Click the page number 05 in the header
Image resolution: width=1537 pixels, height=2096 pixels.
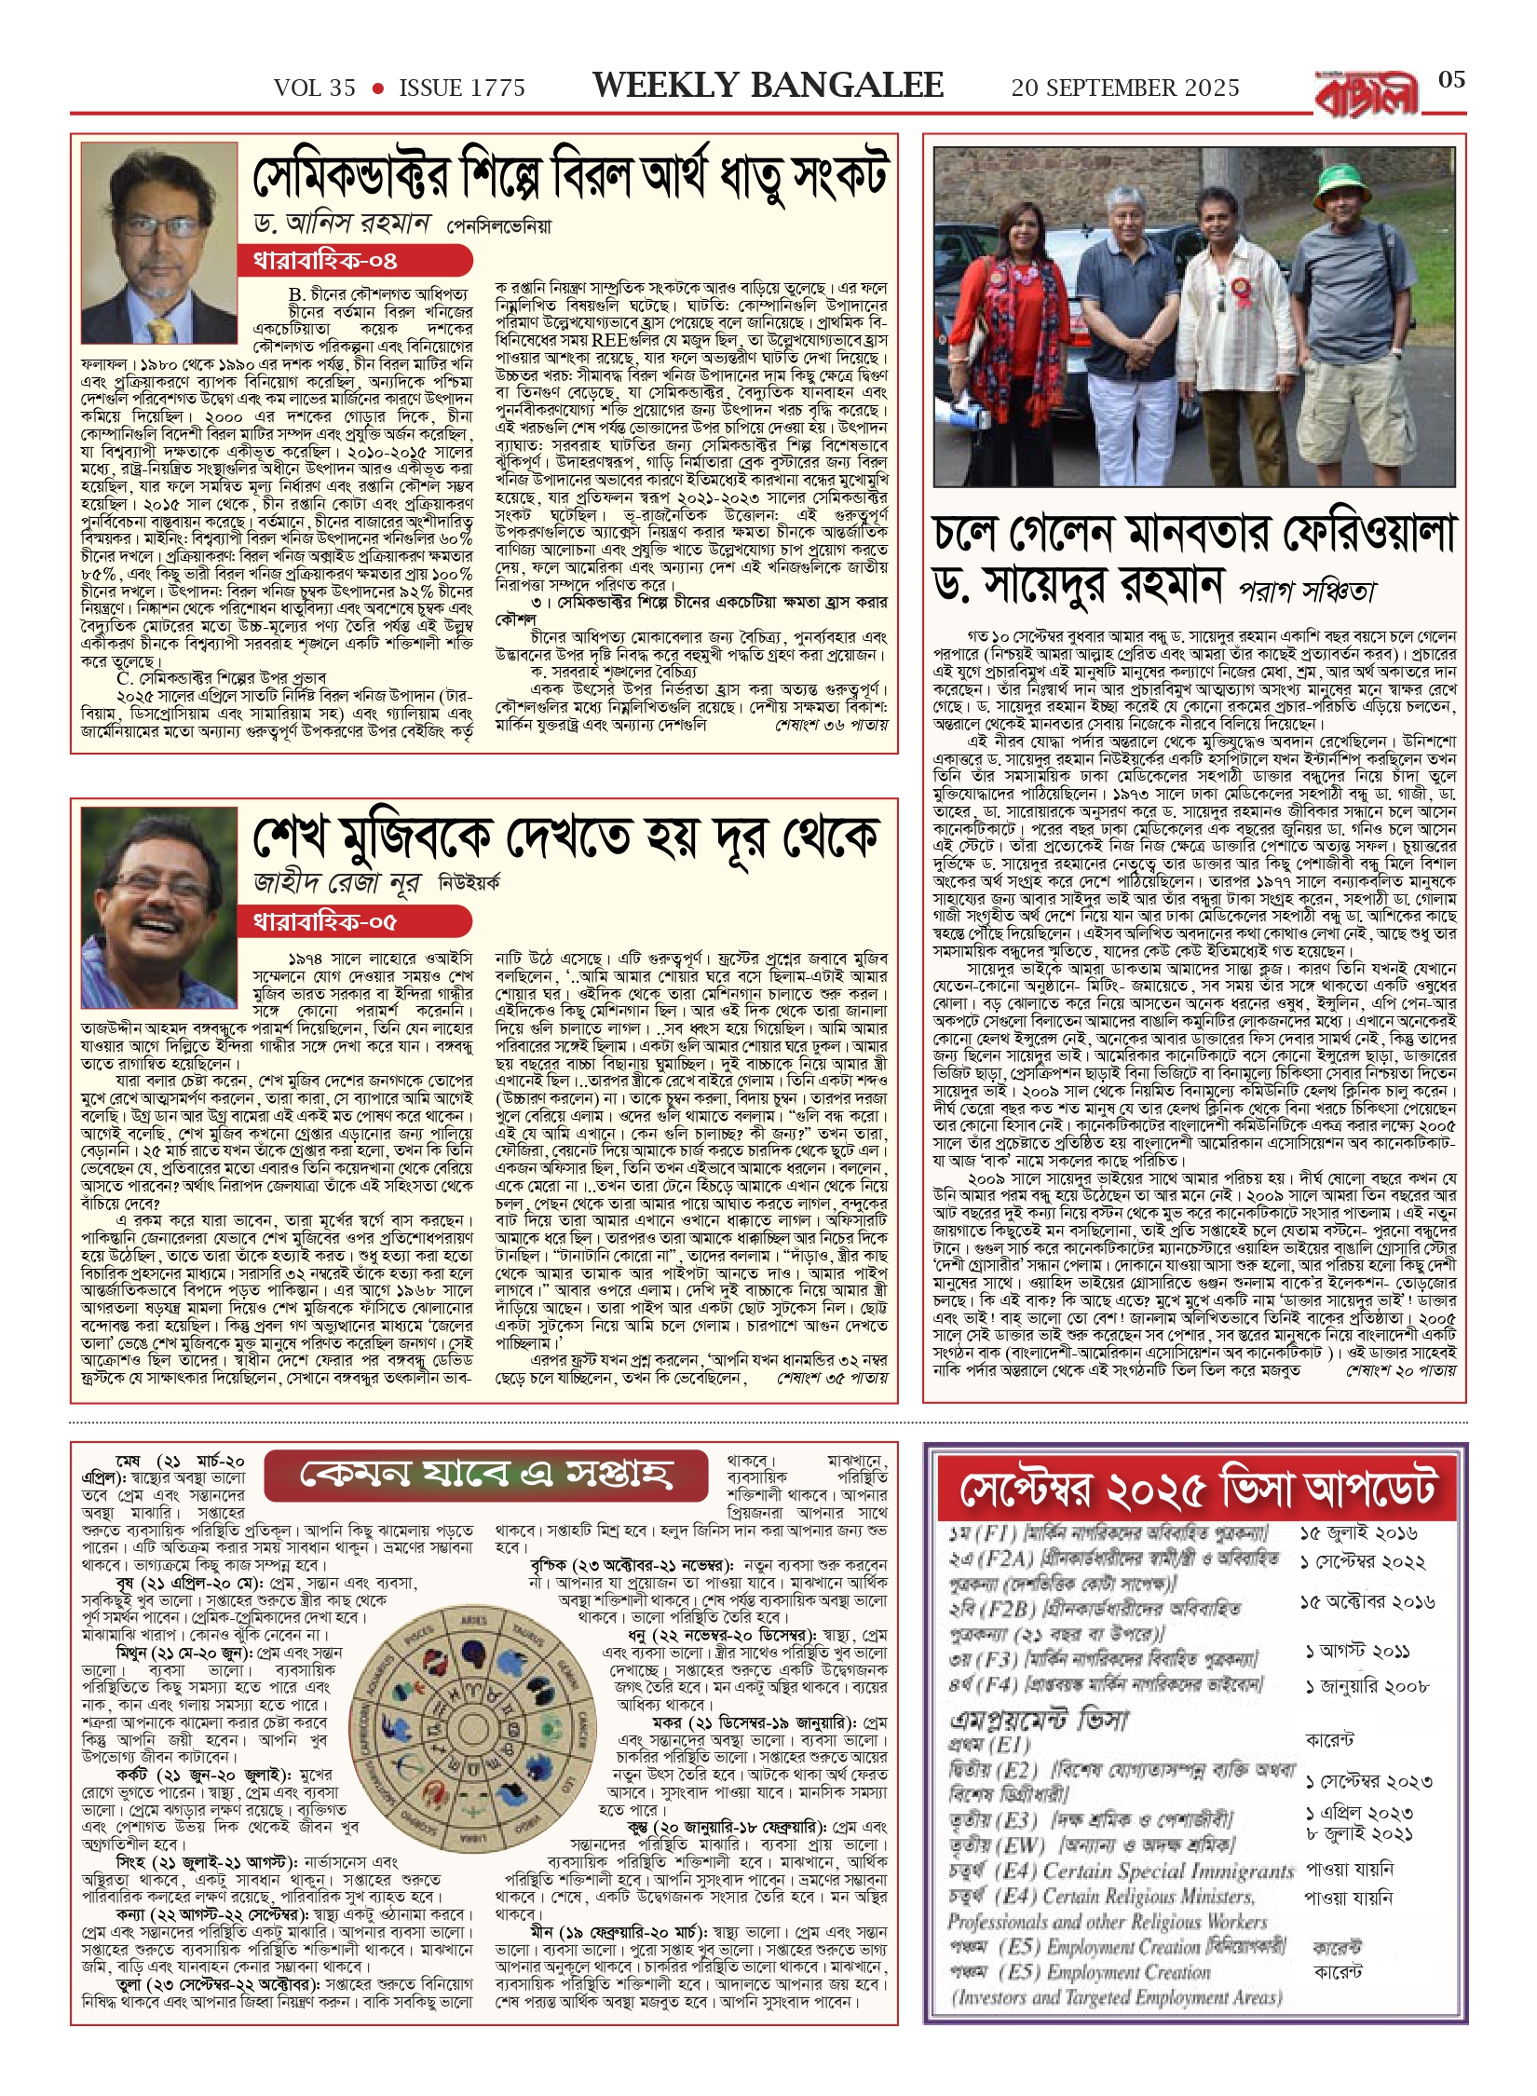pyautogui.click(x=1451, y=79)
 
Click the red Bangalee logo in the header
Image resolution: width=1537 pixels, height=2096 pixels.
pyautogui.click(x=1367, y=93)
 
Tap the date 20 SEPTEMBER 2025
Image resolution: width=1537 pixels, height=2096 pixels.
pyautogui.click(x=1124, y=88)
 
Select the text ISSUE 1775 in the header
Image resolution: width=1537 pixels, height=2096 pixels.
pyautogui.click(x=462, y=88)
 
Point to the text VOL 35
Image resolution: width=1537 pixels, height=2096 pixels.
pyautogui.click(x=314, y=88)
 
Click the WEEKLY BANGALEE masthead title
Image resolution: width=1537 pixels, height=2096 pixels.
pyautogui.click(x=768, y=86)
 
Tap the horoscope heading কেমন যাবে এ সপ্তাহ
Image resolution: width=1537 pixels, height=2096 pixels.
pyautogui.click(x=485, y=1475)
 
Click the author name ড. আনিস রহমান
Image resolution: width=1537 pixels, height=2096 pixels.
pyautogui.click(x=342, y=224)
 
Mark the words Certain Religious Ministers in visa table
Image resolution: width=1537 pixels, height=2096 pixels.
pyautogui.click(x=1149, y=1897)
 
